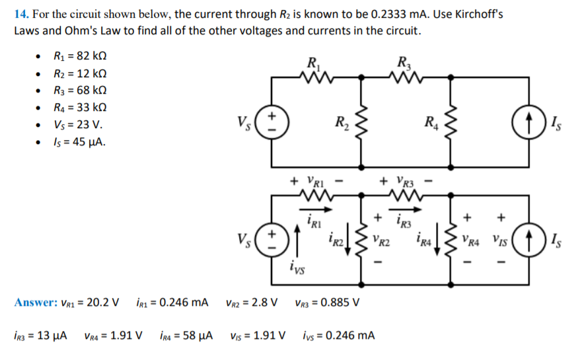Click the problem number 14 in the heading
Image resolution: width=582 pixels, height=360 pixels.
tap(20, 13)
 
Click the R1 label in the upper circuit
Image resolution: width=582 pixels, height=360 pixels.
tap(314, 65)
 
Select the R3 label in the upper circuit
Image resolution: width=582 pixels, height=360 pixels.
tap(404, 65)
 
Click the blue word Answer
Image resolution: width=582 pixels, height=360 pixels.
tap(35, 303)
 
